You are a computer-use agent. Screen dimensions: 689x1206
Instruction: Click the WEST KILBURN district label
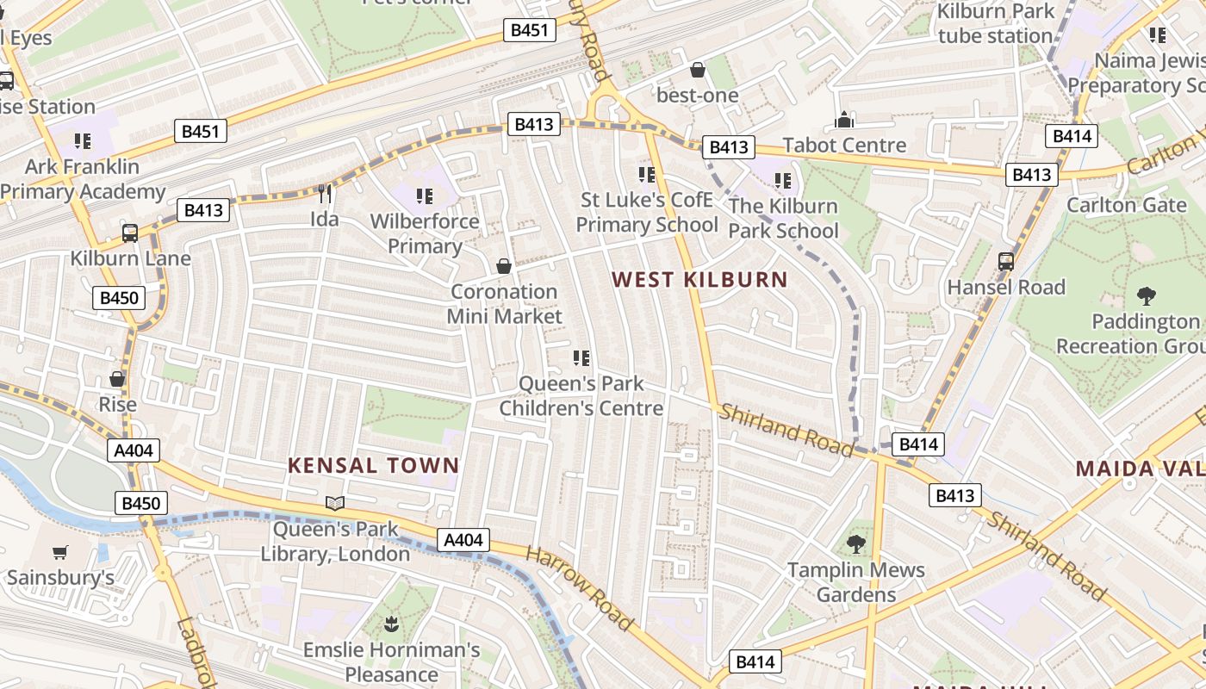pyautogui.click(x=699, y=279)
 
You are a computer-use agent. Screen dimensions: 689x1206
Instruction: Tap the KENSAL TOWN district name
pyautogui.click(x=373, y=466)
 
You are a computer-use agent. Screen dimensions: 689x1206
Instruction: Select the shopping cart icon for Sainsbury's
pyautogui.click(x=59, y=552)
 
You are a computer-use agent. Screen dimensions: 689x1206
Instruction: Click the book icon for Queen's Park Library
pyautogui.click(x=335, y=503)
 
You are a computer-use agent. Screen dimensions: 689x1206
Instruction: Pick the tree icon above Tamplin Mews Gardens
pyautogui.click(x=855, y=543)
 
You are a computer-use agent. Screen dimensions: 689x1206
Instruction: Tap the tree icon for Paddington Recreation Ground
pyautogui.click(x=1146, y=296)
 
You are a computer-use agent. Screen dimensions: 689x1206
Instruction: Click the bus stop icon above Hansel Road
pyautogui.click(x=1005, y=261)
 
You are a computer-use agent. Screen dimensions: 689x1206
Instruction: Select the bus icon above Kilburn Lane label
pyautogui.click(x=130, y=233)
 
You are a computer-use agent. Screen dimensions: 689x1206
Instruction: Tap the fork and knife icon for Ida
pyautogui.click(x=325, y=193)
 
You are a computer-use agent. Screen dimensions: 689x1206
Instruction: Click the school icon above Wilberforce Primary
pyautogui.click(x=424, y=196)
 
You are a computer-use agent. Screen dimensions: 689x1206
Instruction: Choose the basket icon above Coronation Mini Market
pyautogui.click(x=504, y=266)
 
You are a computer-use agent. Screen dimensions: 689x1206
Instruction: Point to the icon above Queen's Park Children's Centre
pyautogui.click(x=581, y=357)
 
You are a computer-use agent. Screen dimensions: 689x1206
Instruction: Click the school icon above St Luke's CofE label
pyautogui.click(x=647, y=175)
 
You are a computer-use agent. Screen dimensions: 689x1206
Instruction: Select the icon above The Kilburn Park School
pyautogui.click(x=782, y=181)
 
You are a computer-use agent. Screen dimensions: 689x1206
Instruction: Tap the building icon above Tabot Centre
pyautogui.click(x=844, y=120)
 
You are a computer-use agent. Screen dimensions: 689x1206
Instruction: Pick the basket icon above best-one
pyautogui.click(x=698, y=70)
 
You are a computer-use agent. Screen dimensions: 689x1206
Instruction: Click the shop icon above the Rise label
pyautogui.click(x=117, y=379)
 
